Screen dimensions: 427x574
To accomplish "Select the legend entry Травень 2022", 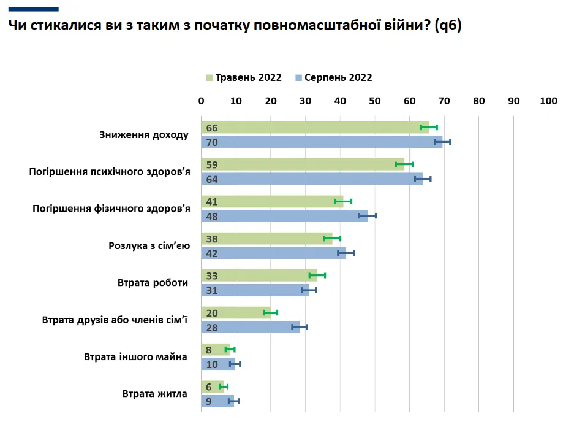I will coord(244,78).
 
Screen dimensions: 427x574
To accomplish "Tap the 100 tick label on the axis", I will coord(548,101).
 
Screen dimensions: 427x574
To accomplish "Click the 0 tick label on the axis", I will coord(202,101).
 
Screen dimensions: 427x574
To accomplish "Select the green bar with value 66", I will coord(315,128).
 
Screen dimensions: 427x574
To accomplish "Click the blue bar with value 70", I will coord(322,142).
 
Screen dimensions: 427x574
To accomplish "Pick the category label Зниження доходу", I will coord(144,134).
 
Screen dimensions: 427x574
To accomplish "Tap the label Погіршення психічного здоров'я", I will coord(110,172).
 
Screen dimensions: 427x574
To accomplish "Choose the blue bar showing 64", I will coord(312,179).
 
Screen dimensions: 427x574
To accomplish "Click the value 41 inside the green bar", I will coord(212,202).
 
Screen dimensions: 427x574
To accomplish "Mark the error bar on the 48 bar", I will coord(368,216).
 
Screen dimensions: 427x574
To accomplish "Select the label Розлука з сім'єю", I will coord(149,245).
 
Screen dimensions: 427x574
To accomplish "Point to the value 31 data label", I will coord(212,290).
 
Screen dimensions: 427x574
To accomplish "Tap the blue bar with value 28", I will coord(251,327).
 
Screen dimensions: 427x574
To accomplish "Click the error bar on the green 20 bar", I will coord(271,313).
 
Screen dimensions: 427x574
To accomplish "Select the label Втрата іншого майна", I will coord(135,356).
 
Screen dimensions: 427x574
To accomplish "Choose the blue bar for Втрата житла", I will coord(218,401).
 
